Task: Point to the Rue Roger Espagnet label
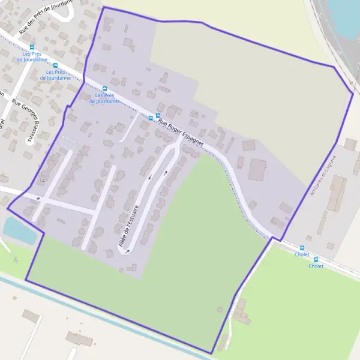pyautogui.click(x=181, y=133)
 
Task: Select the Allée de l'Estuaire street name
pyautogui.click(x=129, y=226)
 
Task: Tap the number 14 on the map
pyautogui.click(x=41, y=181)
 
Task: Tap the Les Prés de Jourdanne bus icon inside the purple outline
pyautogui.click(x=105, y=88)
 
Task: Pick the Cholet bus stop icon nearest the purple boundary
pyautogui.click(x=302, y=247)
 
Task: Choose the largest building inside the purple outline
pyautogui.click(x=258, y=170)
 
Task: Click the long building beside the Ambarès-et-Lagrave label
pyautogui.click(x=337, y=193)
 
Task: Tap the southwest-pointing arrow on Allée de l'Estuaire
pyautogui.click(x=150, y=176)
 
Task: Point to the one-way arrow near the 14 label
pyautogui.click(x=38, y=197)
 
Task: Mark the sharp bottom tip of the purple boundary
pyautogui.click(x=212, y=353)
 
